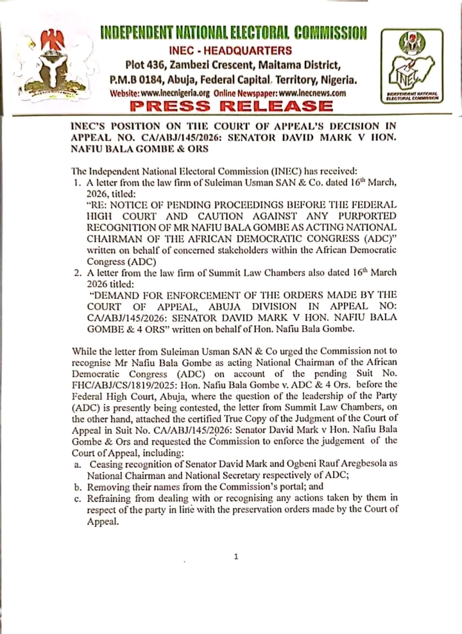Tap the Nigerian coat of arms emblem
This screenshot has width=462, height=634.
click(x=58, y=65)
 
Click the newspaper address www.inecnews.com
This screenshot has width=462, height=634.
click(x=310, y=93)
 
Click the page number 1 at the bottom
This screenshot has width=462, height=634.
click(x=235, y=556)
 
